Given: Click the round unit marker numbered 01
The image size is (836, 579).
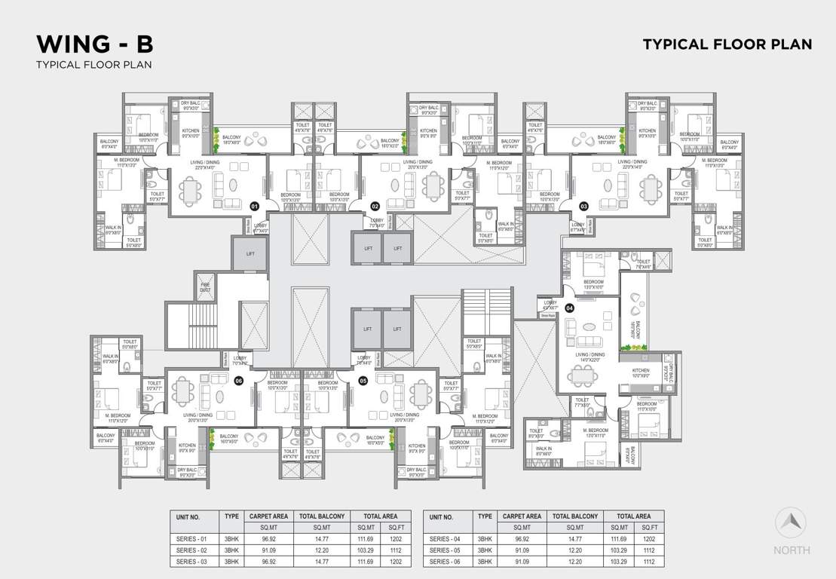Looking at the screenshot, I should (255, 206).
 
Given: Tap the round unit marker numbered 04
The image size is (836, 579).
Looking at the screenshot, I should (569, 308).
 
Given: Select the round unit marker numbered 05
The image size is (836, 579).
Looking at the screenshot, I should (363, 381).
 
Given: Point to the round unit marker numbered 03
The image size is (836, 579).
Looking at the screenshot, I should (583, 206).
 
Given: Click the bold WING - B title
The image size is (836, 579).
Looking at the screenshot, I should (95, 42).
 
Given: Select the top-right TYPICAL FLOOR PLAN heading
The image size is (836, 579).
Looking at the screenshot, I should (727, 44).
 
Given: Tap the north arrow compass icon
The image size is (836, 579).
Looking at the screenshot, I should (791, 522).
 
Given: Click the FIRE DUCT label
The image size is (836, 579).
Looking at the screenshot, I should (205, 287).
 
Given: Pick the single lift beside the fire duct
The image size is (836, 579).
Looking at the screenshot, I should (250, 254).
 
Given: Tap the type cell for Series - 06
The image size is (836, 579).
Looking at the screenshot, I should (485, 562).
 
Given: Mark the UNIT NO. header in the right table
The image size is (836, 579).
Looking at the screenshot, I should (441, 517).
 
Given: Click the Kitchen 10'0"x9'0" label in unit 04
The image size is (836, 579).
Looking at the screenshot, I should (640, 373).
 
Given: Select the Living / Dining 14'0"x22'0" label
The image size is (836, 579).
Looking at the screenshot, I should (591, 357).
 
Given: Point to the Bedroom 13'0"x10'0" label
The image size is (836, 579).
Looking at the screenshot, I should (593, 284).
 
